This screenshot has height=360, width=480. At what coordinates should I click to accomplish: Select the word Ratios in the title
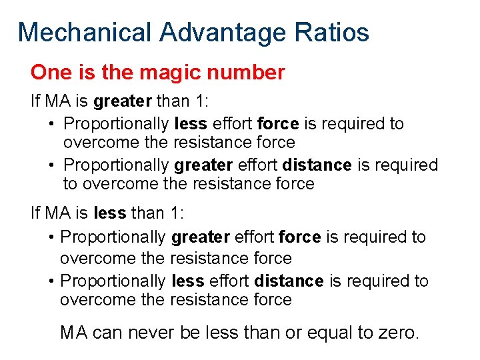click(x=336, y=32)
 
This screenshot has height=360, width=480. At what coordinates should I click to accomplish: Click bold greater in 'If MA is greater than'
click(x=123, y=101)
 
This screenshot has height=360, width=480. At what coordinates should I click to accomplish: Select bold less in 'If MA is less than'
click(x=110, y=213)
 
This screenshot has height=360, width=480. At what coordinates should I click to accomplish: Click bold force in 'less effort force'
click(x=278, y=124)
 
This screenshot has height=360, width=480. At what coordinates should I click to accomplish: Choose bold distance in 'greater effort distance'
click(x=317, y=165)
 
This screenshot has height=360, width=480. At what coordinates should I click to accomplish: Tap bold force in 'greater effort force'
click(x=299, y=237)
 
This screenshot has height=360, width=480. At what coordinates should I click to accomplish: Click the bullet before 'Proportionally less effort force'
click(x=51, y=125)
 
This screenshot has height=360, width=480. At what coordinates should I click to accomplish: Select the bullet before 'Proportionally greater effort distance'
click(x=51, y=165)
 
